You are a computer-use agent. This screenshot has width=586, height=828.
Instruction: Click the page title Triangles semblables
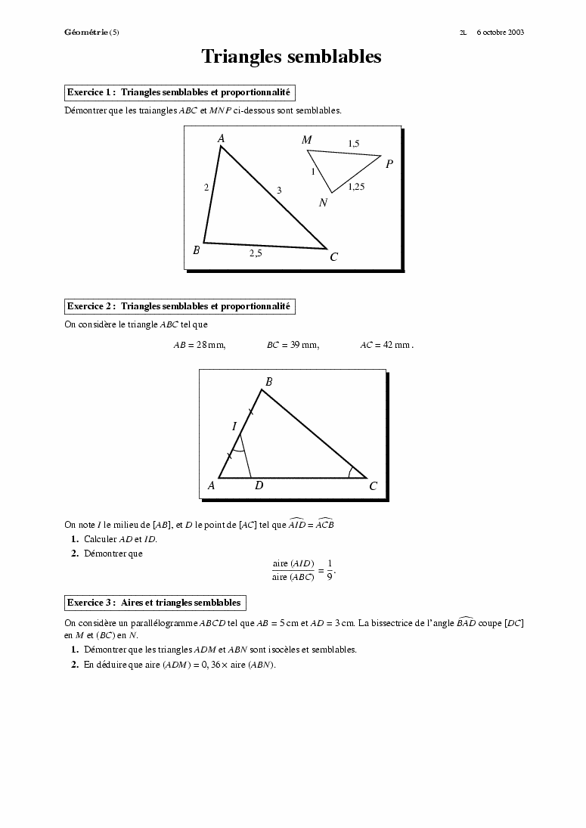[291, 57]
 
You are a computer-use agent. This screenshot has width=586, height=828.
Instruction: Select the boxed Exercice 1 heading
[179, 92]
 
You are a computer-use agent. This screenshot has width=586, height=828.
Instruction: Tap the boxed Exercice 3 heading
[154, 603]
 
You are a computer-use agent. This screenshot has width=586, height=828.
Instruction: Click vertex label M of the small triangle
[306, 140]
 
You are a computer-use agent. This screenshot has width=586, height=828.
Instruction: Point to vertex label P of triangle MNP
[389, 163]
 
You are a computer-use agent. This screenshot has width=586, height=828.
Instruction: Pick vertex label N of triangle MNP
[324, 203]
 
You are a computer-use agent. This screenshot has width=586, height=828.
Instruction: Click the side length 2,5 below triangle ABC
[256, 254]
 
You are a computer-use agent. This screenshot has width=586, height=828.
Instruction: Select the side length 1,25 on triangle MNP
[356, 187]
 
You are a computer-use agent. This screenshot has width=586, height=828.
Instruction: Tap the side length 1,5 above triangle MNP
[353, 144]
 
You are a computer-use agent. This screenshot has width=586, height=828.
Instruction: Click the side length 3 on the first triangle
[279, 191]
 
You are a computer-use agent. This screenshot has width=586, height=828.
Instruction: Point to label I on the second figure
[234, 427]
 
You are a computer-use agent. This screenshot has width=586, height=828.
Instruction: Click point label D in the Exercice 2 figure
[259, 485]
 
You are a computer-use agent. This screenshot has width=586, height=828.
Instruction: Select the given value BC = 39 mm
[293, 346]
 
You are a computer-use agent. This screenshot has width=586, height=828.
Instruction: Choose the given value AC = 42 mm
[386, 346]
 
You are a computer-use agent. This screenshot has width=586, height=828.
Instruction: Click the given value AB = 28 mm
[200, 346]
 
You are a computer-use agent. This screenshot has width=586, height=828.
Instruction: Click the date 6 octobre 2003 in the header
[501, 33]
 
